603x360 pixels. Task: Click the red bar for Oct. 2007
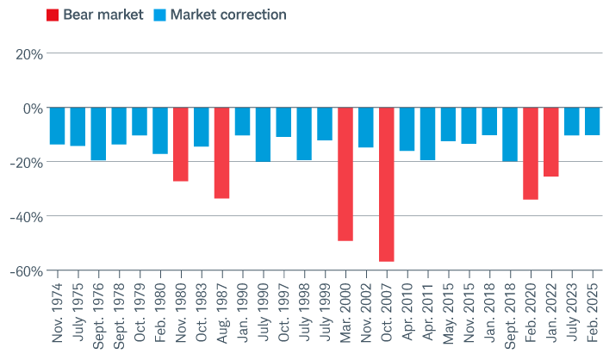[x=386, y=184]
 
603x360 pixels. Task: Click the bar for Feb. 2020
[x=531, y=153]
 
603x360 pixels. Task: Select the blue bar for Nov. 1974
[x=57, y=126]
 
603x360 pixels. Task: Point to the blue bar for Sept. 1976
[x=98, y=133]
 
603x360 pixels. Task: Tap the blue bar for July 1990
[x=263, y=134]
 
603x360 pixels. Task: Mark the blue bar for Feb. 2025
[x=593, y=121]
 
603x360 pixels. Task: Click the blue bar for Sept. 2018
[x=510, y=134]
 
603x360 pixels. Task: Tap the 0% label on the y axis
[x=33, y=109]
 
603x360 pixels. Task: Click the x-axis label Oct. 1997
[x=283, y=315]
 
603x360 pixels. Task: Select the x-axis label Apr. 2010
[x=407, y=315]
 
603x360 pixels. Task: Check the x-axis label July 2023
[x=572, y=315]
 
